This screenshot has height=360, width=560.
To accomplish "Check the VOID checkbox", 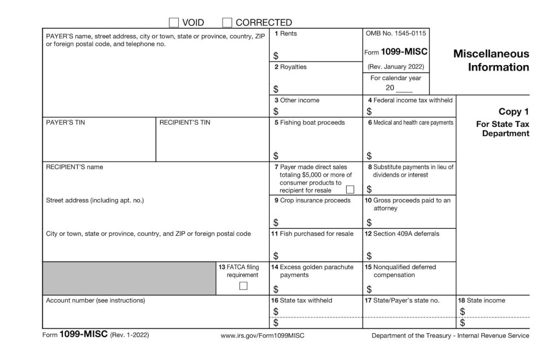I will coord(173,22).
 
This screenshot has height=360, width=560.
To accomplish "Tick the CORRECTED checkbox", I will coord(227,22).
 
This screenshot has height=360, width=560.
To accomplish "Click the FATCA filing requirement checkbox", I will coord(243,286).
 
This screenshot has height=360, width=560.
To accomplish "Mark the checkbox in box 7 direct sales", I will coord(350,190).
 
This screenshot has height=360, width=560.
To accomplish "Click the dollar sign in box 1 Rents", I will coord(276,56).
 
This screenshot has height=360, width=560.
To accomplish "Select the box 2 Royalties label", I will coord(290,67).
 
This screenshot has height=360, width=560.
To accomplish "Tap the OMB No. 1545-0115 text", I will coord(396,34).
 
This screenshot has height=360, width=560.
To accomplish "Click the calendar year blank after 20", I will coord(404,88).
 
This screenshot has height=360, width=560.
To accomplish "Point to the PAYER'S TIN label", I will coord(66,123).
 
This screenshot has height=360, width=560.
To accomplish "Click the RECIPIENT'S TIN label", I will coord(185,123).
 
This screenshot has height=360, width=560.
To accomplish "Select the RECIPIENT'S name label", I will coord(74,167).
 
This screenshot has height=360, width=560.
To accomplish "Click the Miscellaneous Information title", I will coord(491,61).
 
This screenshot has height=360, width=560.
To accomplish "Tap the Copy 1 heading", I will coord(514,112).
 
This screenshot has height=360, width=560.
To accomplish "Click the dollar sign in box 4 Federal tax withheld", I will coord(369,112).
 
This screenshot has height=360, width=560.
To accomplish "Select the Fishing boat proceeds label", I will coord(310,123).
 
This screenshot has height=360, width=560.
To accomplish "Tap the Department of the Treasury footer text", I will coord(450,335).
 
